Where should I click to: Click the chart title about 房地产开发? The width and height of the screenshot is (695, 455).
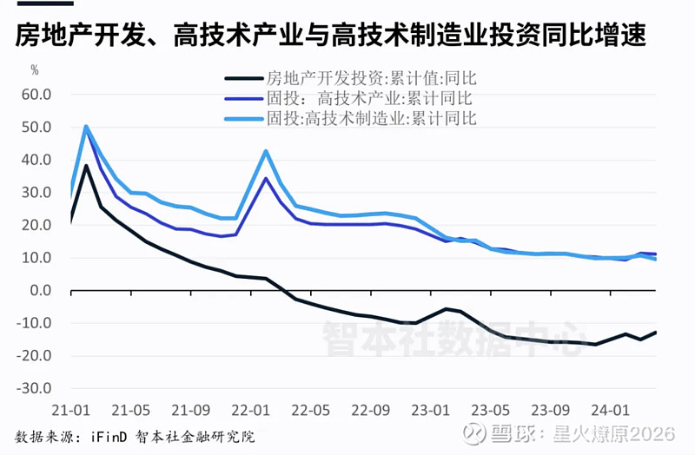point(331,36)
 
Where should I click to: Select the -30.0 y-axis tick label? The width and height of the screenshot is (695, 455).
point(36,388)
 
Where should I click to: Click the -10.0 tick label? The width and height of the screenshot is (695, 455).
point(36,323)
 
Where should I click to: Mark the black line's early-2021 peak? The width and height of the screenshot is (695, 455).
point(86,166)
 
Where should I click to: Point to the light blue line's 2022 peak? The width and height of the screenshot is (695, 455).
point(266,151)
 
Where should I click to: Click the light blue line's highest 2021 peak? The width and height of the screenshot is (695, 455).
point(86,127)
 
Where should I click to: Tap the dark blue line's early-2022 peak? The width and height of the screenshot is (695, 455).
point(266,179)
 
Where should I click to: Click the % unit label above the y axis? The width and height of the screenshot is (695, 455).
point(35,69)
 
